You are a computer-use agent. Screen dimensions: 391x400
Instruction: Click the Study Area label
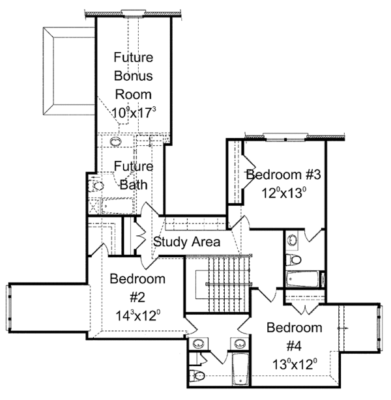[186, 242]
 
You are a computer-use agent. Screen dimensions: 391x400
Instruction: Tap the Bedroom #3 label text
[283, 175]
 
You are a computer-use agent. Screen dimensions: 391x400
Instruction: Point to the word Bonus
[133, 76]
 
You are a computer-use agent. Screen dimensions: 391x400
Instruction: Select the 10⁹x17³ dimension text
[134, 113]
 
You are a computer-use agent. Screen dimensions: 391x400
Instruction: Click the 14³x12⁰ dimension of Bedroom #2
[138, 316]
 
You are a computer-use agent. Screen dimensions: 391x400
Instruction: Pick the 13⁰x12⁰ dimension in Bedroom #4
[295, 364]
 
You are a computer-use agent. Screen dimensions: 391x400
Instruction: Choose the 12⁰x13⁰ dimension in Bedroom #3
[283, 193]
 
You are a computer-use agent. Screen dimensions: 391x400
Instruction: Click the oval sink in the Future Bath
[115, 141]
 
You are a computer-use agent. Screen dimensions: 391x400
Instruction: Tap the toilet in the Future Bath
[96, 186]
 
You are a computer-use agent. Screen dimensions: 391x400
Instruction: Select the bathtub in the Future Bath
[117, 206]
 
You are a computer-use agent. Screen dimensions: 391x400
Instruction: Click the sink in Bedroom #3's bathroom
[292, 240]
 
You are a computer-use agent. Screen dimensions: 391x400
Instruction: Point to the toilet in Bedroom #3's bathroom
[293, 260]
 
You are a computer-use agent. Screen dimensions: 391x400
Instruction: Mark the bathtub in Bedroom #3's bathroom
[302, 279]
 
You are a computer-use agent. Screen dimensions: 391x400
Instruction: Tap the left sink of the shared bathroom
[198, 344]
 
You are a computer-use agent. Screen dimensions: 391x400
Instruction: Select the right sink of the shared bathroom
[239, 343]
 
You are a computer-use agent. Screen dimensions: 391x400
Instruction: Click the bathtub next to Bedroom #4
[240, 369]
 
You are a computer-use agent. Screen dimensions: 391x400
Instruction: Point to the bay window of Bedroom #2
[9, 308]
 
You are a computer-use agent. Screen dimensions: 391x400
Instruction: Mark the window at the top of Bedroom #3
[285, 137]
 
